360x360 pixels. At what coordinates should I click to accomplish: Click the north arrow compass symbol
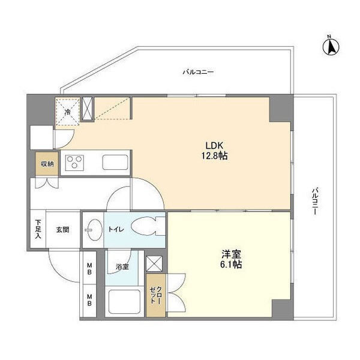pyautogui.click(x=329, y=46)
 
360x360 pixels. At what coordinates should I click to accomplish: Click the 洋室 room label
pyautogui.click(x=230, y=253)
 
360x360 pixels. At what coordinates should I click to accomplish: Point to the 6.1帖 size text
pyautogui.click(x=230, y=264)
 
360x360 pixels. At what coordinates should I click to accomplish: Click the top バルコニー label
pyautogui.click(x=198, y=73)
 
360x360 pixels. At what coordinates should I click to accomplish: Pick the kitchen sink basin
pyautogui.click(x=114, y=163)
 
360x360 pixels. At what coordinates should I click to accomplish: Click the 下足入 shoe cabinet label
pyautogui.click(x=37, y=229)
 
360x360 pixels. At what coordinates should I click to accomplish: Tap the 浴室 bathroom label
pyautogui.click(x=121, y=265)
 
